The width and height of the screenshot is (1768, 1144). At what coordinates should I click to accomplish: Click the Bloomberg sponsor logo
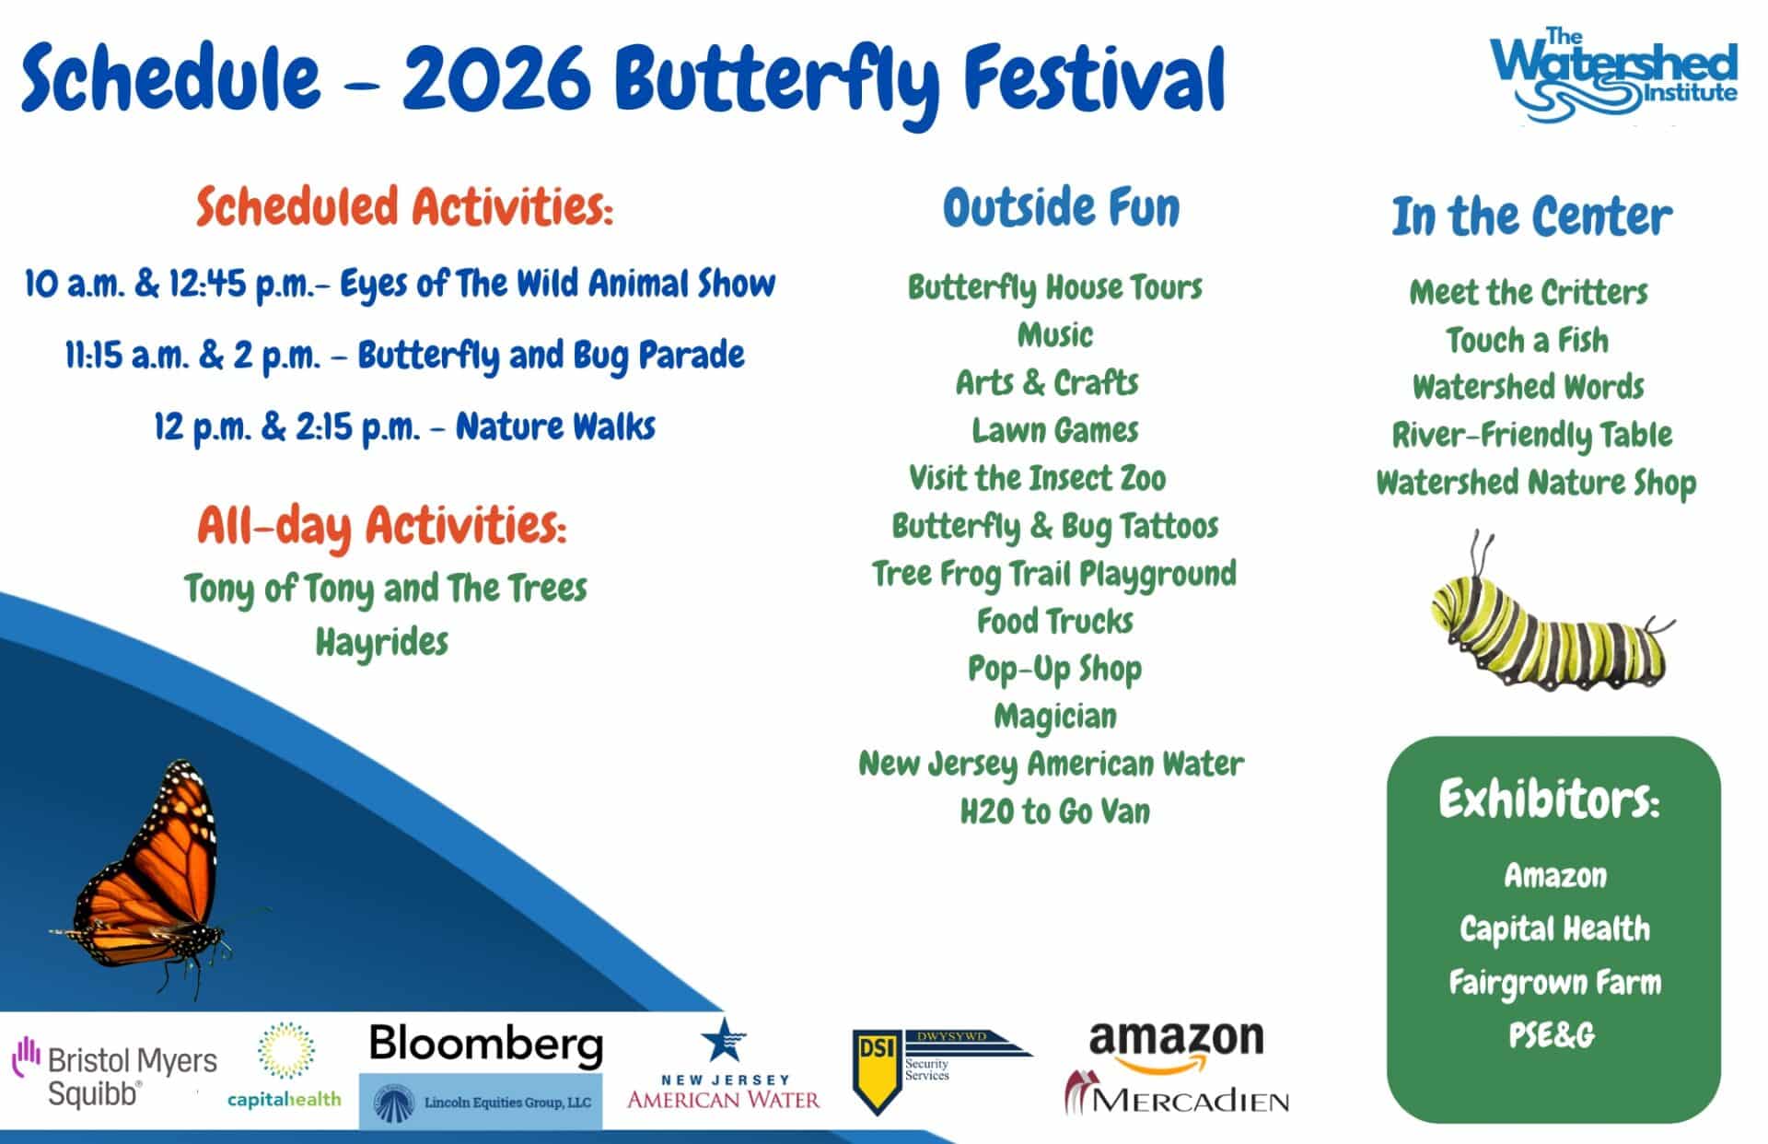[486, 1045]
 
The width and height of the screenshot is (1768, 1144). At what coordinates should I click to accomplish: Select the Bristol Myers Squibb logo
[115, 1073]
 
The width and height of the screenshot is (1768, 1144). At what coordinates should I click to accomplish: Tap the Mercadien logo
[1177, 1094]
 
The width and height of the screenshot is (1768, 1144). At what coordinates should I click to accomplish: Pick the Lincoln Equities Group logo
[481, 1103]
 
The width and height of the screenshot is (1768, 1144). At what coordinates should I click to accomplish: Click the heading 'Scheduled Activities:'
[404, 206]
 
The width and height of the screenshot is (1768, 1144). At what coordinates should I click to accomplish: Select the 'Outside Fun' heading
[1061, 207]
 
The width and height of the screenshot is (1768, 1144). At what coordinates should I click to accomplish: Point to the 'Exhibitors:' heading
[1550, 799]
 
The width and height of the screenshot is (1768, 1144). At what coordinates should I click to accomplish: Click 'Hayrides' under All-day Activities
[382, 642]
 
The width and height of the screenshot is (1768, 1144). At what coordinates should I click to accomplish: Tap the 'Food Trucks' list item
[1055, 621]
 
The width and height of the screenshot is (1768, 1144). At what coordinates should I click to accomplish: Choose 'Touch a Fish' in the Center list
[1528, 340]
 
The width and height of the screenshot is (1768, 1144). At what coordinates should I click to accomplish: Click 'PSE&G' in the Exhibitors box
[1552, 1035]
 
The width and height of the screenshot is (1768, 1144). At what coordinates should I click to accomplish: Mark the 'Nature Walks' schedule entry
[555, 426]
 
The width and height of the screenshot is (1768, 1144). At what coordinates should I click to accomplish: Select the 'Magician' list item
[1055, 717]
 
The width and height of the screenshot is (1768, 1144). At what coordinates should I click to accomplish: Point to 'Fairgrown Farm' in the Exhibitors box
[1555, 983]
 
